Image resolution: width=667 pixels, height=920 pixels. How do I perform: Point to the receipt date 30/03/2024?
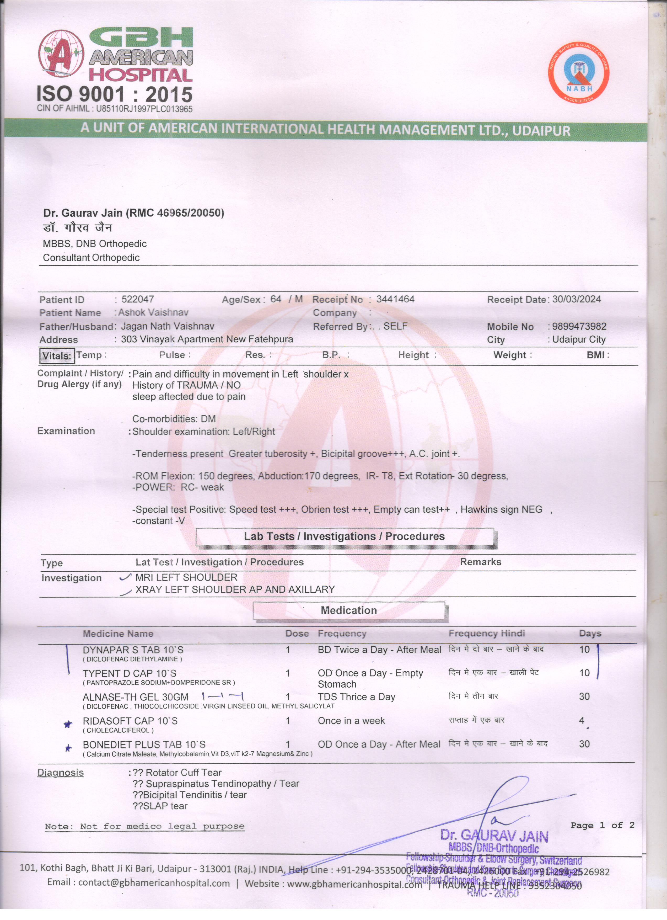(576, 299)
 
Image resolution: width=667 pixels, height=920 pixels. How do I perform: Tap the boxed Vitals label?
(57, 356)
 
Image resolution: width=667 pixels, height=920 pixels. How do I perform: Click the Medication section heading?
(349, 610)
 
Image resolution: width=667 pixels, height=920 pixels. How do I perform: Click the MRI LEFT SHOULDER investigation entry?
(186, 577)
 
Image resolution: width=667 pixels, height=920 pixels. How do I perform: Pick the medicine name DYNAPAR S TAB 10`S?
(133, 650)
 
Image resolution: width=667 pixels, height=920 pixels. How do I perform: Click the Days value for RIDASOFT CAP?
(582, 720)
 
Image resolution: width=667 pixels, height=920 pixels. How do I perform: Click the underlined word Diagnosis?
(60, 772)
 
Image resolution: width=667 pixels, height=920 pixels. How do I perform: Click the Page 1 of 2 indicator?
(602, 825)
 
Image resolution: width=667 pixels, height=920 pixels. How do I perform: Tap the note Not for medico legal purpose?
(145, 826)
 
